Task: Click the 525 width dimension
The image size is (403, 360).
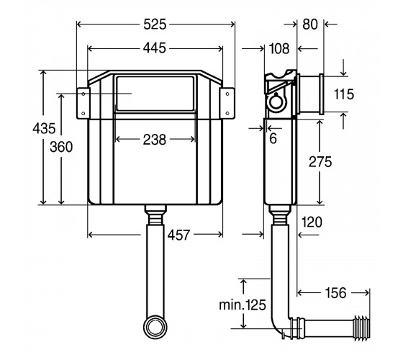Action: tap(155, 24)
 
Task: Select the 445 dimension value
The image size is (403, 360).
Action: tap(155, 48)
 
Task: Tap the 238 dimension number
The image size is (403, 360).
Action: tap(155, 140)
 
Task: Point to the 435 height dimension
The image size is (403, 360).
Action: tap(44, 128)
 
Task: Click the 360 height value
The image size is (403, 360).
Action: tap(61, 147)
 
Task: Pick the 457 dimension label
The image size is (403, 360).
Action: tap(179, 235)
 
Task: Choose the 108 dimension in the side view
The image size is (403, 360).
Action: tap(279, 48)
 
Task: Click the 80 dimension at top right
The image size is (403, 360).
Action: tap(310, 24)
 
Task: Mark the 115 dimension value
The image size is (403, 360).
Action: tap(344, 94)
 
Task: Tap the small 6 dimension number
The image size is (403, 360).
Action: tap(273, 138)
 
